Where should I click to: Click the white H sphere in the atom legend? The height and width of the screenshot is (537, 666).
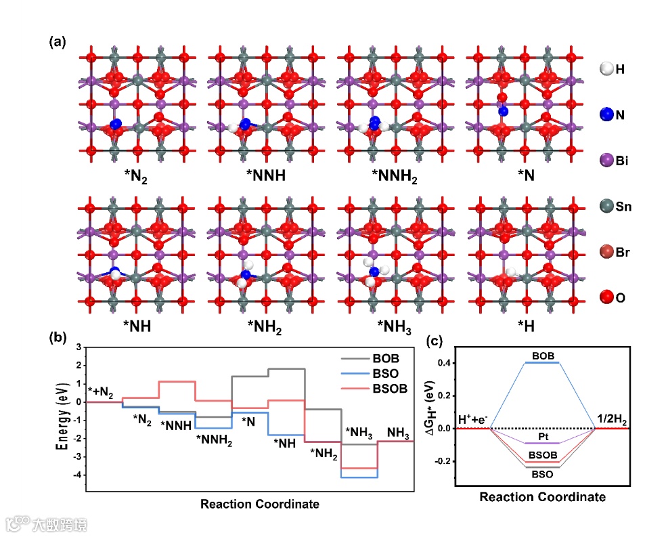click(x=607, y=68)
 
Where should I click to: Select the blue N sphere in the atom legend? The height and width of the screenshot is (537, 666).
click(x=607, y=114)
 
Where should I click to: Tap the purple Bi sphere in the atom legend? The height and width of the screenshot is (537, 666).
click(x=607, y=160)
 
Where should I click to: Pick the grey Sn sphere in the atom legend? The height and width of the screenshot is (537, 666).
click(x=607, y=207)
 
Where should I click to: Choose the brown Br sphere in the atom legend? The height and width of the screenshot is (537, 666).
click(x=607, y=253)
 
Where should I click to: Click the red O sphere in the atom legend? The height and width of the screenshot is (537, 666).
click(x=607, y=297)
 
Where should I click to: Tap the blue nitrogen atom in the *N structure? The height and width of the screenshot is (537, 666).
click(x=502, y=110)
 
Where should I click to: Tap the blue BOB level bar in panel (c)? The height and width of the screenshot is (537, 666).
click(x=543, y=362)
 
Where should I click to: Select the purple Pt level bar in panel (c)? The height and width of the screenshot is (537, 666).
click(x=543, y=443)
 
